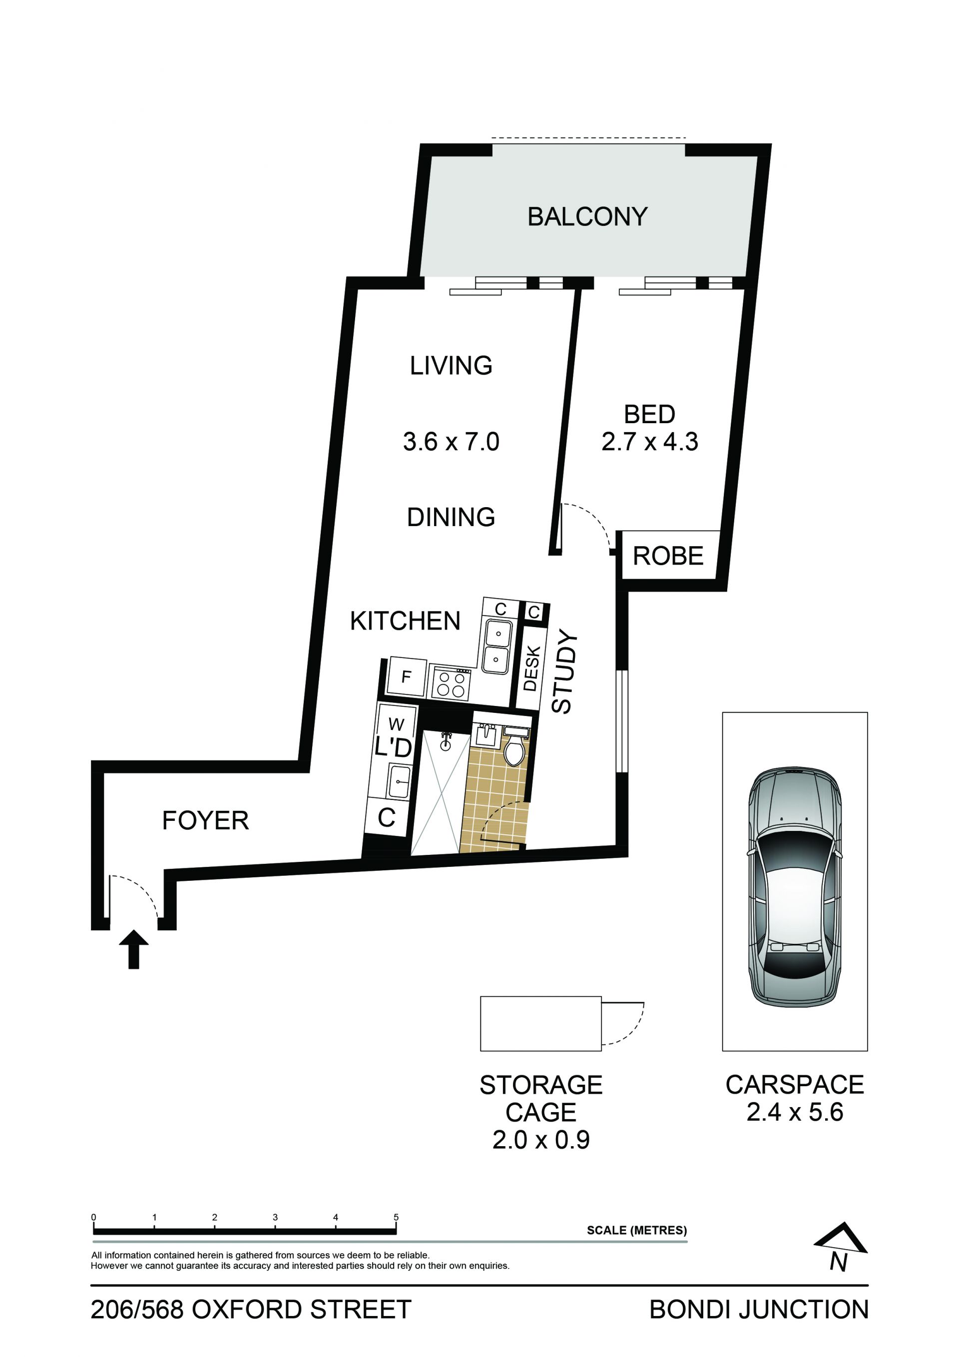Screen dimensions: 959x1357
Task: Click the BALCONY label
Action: tap(587, 217)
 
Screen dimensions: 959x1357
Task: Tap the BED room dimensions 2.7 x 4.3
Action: tap(650, 442)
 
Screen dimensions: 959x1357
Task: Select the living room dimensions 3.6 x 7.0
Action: tap(451, 442)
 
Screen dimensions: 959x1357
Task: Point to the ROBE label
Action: tap(668, 556)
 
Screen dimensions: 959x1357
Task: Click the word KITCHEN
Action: tap(406, 621)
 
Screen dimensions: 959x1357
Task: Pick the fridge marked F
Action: tap(406, 677)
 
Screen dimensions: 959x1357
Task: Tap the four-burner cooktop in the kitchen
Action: tap(451, 684)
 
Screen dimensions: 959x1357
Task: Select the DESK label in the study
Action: tap(531, 669)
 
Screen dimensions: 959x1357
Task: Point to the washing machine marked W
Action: tap(397, 724)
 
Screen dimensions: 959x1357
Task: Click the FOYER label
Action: tap(206, 820)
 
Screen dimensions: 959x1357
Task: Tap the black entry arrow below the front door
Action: tap(134, 949)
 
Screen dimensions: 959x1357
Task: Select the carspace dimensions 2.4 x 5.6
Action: tap(795, 1112)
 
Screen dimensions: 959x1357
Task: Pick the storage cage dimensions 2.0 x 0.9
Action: tap(541, 1140)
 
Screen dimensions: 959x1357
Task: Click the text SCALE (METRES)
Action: tap(636, 1231)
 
